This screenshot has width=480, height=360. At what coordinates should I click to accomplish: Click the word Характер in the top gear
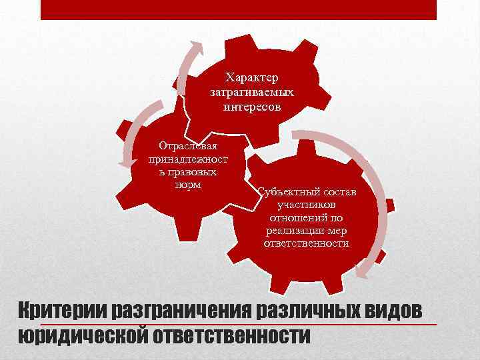(251, 79)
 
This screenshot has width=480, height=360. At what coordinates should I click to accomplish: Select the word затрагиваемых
(251, 93)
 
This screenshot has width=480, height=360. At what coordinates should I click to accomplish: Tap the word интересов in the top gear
(251, 106)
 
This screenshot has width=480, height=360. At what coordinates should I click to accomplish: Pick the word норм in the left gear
(187, 185)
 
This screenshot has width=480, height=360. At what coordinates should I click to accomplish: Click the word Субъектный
(287, 193)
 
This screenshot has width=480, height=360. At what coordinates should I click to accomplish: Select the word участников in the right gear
(307, 205)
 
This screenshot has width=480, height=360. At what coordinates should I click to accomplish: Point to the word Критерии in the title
(61, 310)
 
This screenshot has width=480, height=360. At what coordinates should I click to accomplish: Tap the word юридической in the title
(81, 335)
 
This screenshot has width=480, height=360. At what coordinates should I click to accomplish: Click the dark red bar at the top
(238, 9)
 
